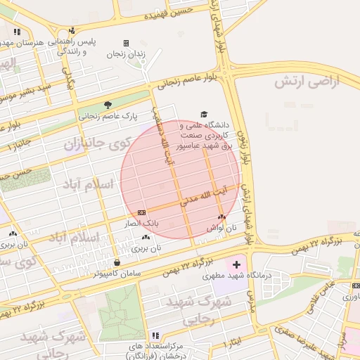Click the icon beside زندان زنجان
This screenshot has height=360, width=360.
(126, 43)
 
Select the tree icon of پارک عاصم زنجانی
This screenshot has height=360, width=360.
(108, 104)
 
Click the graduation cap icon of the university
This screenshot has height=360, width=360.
(204, 114)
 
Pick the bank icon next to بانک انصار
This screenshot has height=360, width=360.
(142, 212)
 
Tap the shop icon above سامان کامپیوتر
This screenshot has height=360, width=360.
(116, 262)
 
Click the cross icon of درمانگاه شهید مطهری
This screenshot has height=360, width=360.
(236, 264)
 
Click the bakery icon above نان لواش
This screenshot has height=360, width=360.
(222, 217)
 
